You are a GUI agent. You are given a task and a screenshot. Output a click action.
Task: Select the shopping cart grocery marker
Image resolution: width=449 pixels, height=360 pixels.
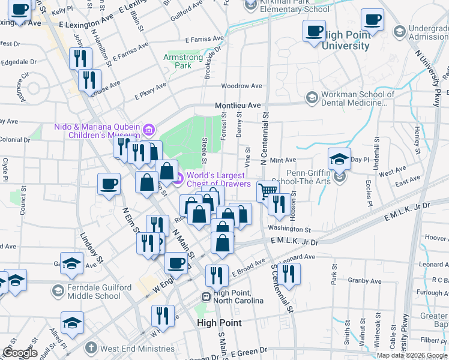[268, 191]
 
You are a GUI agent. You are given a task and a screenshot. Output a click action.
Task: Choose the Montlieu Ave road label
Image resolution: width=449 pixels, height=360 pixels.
[238, 106]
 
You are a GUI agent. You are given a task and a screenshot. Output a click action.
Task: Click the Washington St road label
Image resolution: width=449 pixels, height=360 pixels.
[289, 229]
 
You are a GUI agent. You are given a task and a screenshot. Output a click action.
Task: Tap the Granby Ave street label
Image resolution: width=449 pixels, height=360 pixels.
[364, 280]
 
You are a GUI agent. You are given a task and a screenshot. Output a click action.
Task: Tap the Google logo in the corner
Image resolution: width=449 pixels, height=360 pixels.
[20, 353]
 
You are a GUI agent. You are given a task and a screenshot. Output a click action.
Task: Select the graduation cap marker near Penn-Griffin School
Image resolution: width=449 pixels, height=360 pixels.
[339, 160]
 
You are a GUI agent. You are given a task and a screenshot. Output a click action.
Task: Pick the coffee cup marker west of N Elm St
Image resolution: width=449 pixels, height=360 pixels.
[109, 184]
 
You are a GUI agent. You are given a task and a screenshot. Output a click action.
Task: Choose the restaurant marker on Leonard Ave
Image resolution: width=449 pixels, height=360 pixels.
[289, 274]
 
